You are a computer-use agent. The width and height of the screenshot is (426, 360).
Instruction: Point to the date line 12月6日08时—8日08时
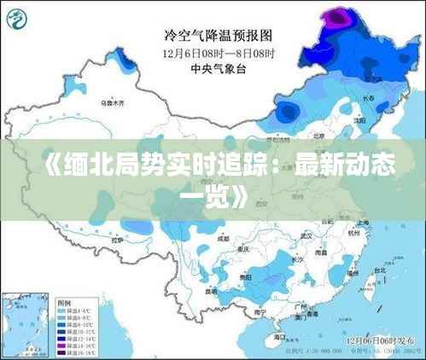(x=218, y=52)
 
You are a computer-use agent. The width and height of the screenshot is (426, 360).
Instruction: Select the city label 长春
(x=368, y=99)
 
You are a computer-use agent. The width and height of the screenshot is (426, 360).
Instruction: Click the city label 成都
(x=225, y=239)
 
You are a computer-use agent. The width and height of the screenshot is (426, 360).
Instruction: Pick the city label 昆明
(x=210, y=291)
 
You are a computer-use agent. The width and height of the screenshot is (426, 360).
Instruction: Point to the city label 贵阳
(x=245, y=278)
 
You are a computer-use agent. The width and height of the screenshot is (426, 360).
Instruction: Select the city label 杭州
(x=355, y=231)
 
